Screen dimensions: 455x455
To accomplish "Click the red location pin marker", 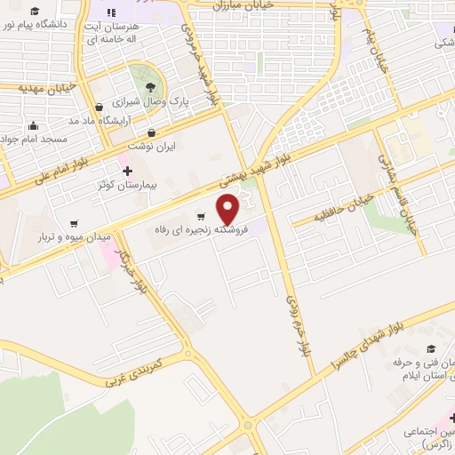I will pyautogui.click(x=229, y=208).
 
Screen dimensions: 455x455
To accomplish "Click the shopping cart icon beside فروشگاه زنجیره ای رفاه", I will pyautogui.click(x=202, y=216).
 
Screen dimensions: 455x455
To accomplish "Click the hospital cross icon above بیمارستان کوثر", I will pyautogui.click(x=126, y=171).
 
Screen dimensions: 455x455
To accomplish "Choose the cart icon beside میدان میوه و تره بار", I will pyautogui.click(x=74, y=223).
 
